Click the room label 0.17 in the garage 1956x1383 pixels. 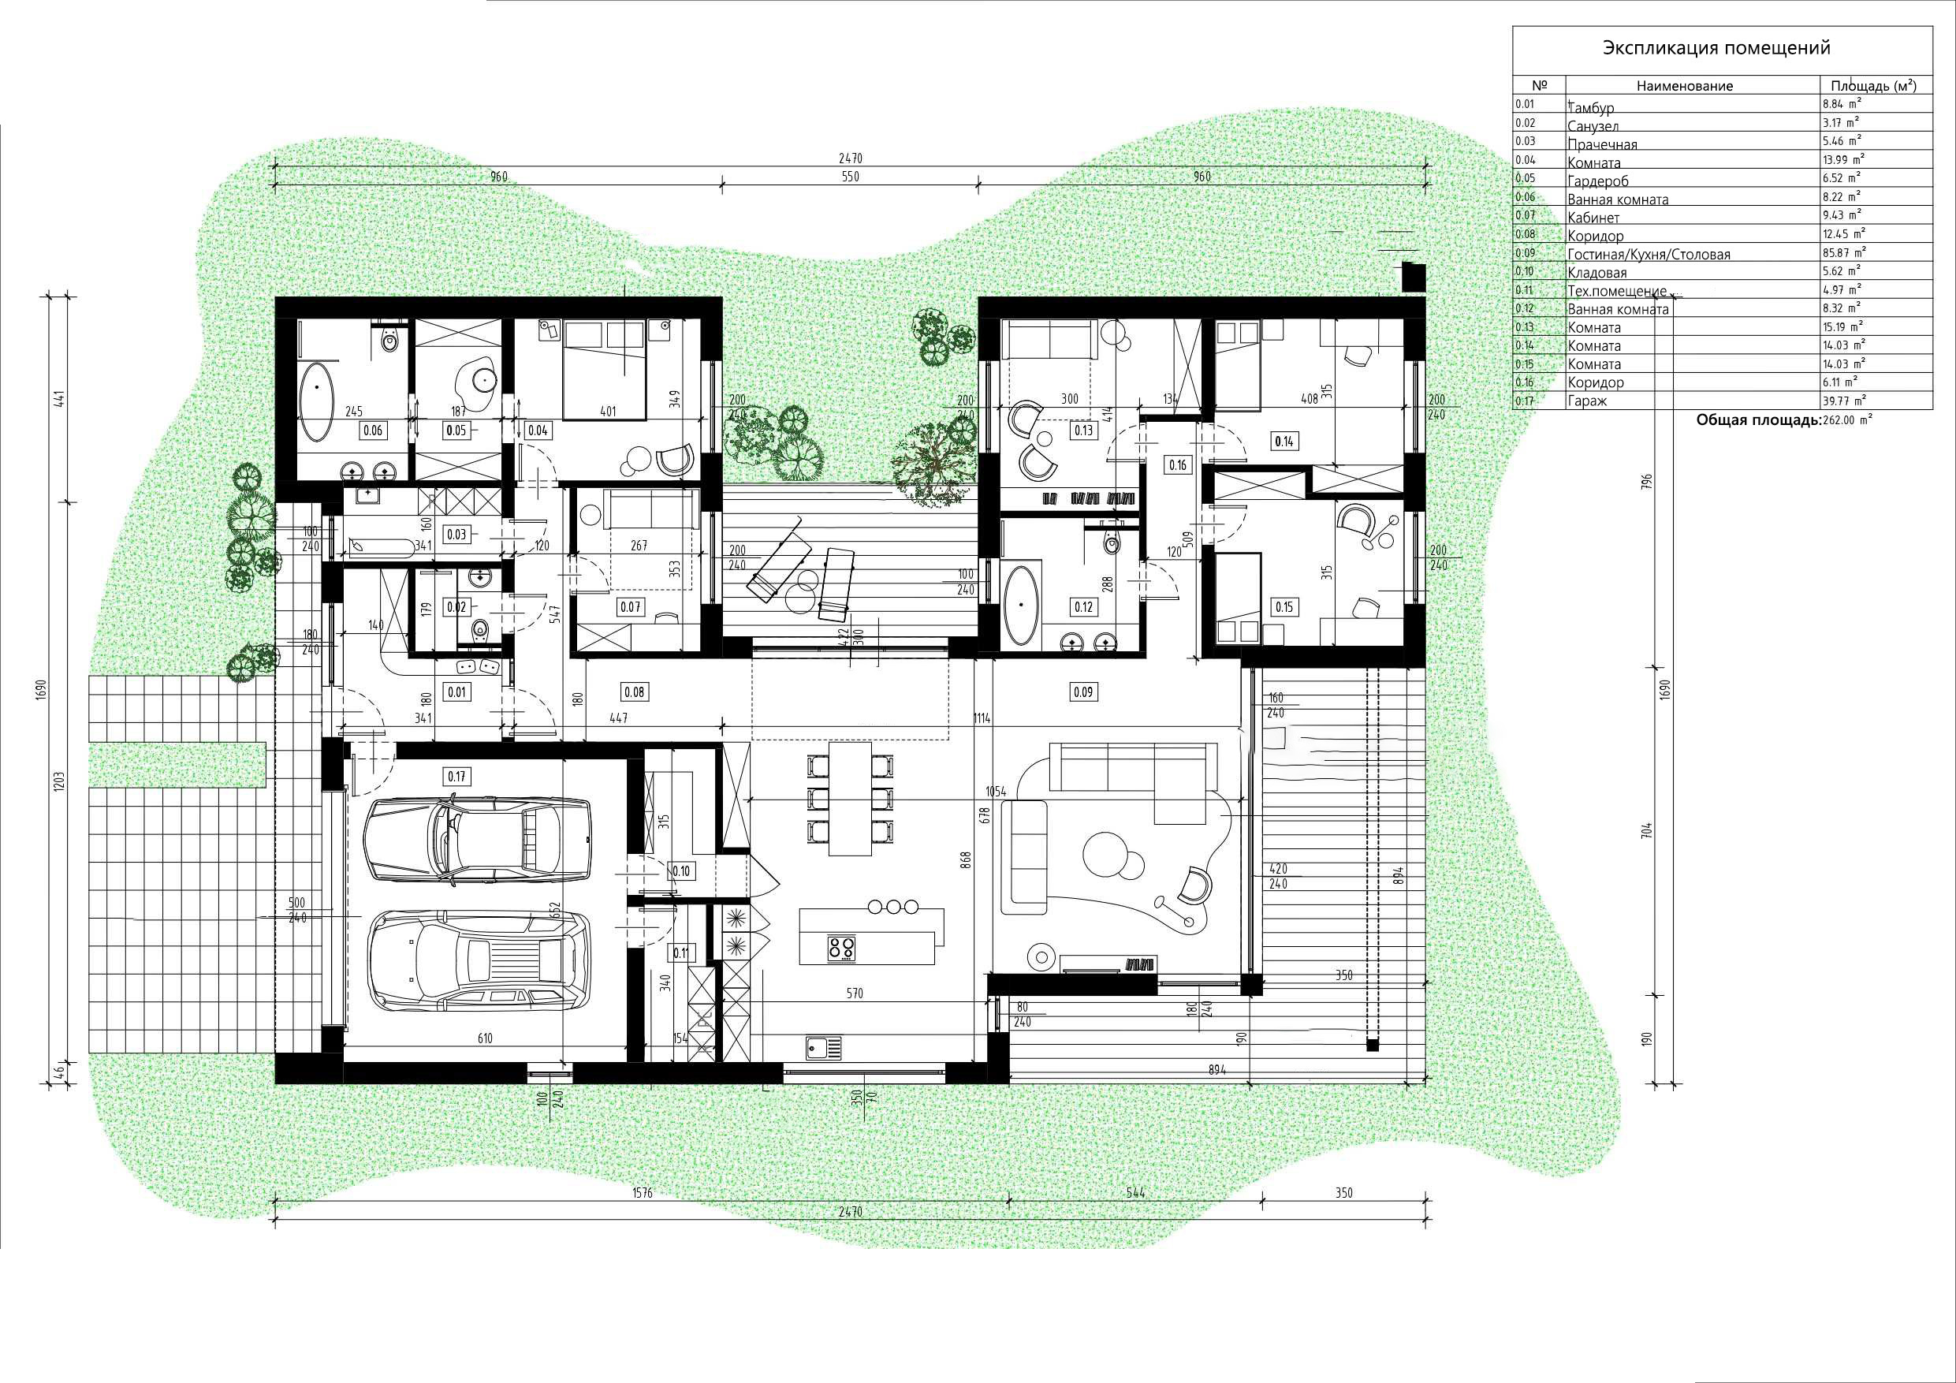(x=457, y=777)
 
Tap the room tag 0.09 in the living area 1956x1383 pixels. (x=1082, y=692)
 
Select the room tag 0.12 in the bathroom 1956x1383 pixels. (x=1082, y=606)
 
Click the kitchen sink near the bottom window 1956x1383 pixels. (x=824, y=1047)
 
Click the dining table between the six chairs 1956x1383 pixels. (x=849, y=799)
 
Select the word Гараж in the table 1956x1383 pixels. (x=1587, y=401)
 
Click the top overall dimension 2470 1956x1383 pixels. (x=850, y=158)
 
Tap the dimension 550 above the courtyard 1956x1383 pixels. (x=850, y=177)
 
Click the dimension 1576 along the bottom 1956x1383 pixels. (x=643, y=1193)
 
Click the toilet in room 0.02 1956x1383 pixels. (x=479, y=629)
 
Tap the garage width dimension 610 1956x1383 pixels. (x=485, y=1038)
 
